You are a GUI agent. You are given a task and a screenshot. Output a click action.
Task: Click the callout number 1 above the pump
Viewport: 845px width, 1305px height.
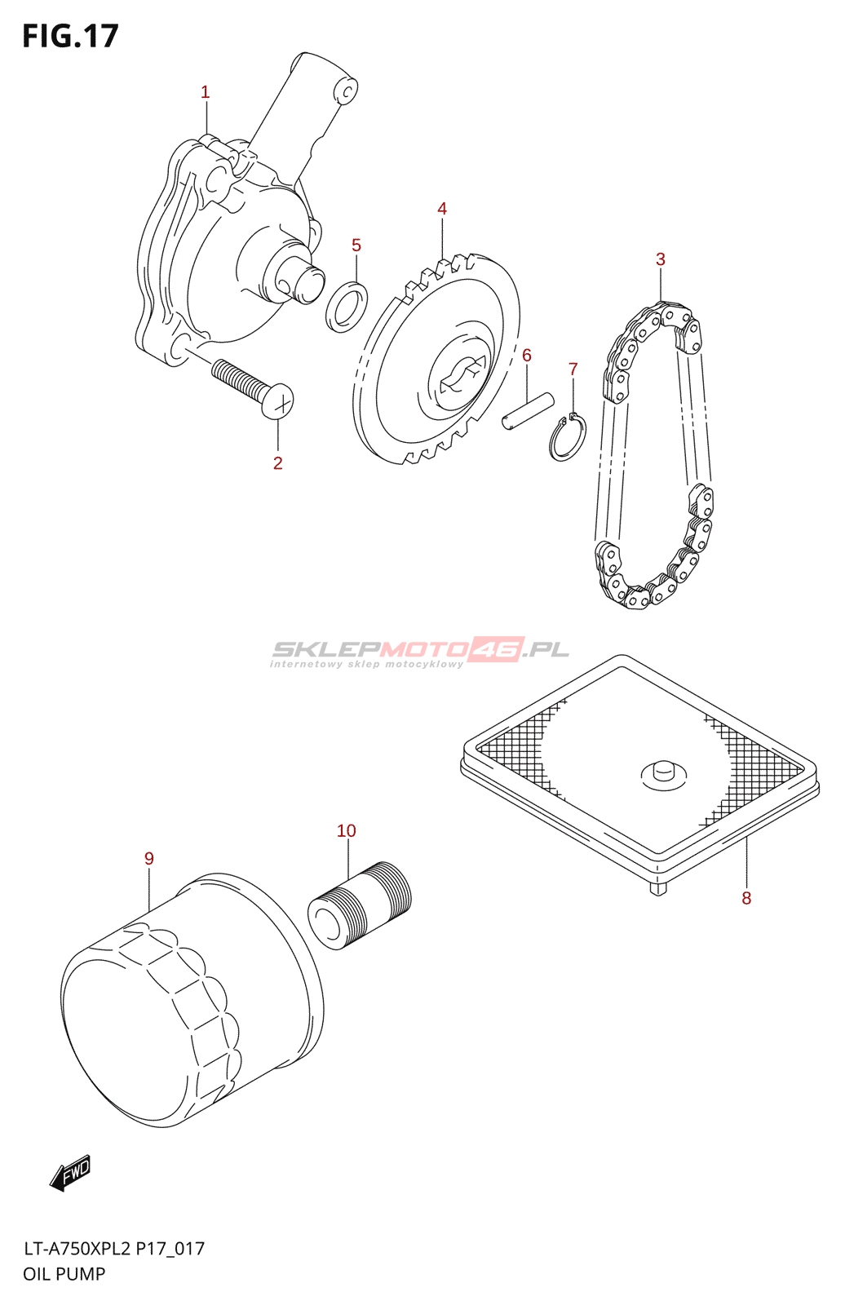(206, 93)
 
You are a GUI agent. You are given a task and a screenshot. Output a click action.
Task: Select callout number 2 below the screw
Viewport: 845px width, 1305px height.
(278, 463)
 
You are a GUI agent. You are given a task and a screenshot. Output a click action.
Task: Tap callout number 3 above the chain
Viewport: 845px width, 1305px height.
(661, 259)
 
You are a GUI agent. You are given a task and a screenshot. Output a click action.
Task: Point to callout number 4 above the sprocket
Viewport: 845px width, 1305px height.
(442, 210)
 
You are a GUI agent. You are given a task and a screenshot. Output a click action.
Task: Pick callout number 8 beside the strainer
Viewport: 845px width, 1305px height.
(746, 898)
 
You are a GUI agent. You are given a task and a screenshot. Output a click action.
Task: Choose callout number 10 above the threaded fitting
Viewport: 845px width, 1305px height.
(347, 831)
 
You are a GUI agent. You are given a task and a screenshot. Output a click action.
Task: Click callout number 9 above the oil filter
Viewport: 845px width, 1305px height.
(149, 859)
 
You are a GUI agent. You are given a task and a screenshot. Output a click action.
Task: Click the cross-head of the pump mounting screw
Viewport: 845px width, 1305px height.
(278, 400)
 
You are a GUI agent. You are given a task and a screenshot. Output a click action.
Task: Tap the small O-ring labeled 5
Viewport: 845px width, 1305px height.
(347, 307)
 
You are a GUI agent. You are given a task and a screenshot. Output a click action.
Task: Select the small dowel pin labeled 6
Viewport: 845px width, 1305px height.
(528, 410)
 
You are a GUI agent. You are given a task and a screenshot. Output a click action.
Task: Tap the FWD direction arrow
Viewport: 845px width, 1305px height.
(70, 1173)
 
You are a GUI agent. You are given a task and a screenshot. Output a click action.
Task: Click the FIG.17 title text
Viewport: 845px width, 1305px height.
(71, 37)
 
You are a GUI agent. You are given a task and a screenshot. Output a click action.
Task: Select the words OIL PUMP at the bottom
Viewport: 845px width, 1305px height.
(64, 1274)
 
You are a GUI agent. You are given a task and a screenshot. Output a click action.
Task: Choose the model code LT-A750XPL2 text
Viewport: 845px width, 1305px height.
(77, 1249)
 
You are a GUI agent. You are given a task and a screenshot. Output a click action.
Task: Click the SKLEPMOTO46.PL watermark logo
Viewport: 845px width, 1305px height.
(420, 651)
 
